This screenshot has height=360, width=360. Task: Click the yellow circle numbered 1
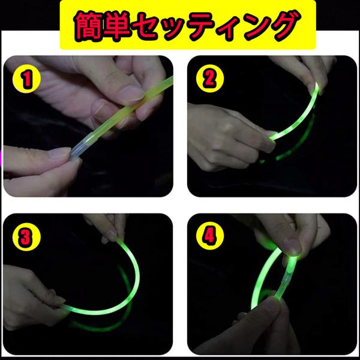pyautogui.click(x=26, y=79)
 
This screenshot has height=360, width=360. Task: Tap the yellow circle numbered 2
pyautogui.click(x=210, y=78)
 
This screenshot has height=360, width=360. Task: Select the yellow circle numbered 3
pyautogui.click(x=26, y=236)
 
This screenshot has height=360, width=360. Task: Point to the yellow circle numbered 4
pyautogui.click(x=210, y=236)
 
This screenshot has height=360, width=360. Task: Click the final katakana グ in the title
pyautogui.click(x=284, y=26)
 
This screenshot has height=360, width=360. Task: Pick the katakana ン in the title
pyautogui.click(x=257, y=26)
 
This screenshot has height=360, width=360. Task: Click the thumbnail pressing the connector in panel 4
pyautogui.click(x=292, y=245)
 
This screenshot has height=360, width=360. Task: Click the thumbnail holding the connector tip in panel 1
pyautogui.click(x=60, y=152)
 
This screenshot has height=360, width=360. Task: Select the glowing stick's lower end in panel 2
pyautogui.click(x=271, y=138)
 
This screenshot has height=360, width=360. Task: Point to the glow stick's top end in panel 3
pyautogui.click(x=118, y=241)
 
